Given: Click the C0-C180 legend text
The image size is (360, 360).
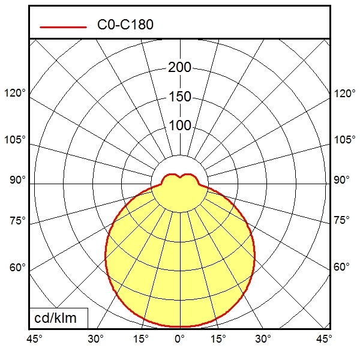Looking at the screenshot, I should click(x=125, y=25).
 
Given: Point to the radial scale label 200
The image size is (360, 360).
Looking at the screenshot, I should click(x=179, y=67).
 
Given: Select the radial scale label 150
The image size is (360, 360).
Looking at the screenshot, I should click(x=179, y=97).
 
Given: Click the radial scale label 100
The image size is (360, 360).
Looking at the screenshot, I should click(x=179, y=125).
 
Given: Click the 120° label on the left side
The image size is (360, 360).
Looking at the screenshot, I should click(x=15, y=94).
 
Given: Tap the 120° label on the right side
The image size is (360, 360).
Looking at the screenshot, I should click(x=345, y=94).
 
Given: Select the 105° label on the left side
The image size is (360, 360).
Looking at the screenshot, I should click(x=15, y=140).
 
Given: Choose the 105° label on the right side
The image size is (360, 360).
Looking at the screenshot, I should click(x=345, y=140).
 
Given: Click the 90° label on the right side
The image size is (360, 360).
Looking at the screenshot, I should click(x=342, y=180).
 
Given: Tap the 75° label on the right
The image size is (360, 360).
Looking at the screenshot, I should click(x=342, y=221).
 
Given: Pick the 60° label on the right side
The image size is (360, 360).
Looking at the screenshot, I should click(x=342, y=267).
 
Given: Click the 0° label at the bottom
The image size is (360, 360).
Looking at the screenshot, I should click(x=179, y=339).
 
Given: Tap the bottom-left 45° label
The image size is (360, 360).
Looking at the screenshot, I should click(x=34, y=339).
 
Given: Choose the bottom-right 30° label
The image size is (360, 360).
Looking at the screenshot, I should click(x=263, y=339).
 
